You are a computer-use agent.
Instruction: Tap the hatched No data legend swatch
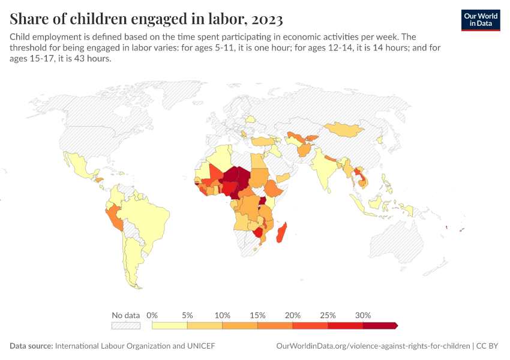126,325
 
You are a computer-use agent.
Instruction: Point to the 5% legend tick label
187,315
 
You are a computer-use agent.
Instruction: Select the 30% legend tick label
363,315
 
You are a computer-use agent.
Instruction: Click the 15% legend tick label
257,315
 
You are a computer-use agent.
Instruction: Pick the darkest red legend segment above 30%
379,325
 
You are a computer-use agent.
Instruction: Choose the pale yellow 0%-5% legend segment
170,325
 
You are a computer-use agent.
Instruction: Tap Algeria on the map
221,160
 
